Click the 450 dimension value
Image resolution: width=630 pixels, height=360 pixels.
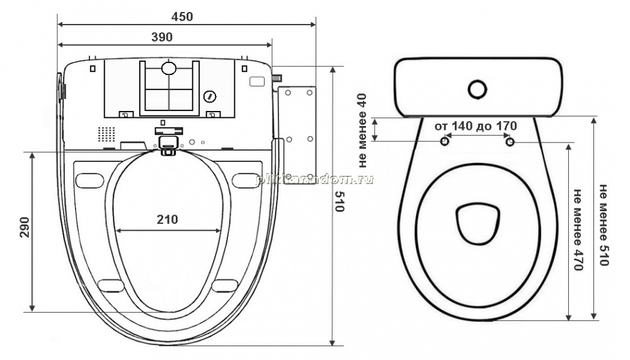click(x=182, y=16)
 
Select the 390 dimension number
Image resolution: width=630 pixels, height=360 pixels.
click(x=162, y=37)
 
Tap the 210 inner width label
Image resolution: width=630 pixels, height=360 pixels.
click(x=167, y=219)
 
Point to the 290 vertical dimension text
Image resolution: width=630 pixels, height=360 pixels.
click(x=25, y=227)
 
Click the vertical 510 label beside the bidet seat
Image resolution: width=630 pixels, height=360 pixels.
click(x=340, y=201)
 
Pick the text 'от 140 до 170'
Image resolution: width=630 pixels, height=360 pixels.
click(x=476, y=126)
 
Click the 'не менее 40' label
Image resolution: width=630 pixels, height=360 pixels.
click(x=362, y=131)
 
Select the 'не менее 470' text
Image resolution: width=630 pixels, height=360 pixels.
click(x=578, y=230)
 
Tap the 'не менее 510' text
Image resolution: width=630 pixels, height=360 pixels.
click(x=604, y=225)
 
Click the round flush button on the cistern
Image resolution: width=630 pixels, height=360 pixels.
click(x=478, y=90)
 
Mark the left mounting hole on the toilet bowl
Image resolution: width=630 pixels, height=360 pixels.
click(x=445, y=142)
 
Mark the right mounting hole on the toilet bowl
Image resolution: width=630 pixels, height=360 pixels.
click(x=510, y=142)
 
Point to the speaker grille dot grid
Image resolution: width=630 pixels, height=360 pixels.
click(x=106, y=134)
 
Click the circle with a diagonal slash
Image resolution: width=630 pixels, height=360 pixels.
click(x=210, y=96)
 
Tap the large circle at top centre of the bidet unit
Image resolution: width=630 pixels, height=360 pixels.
click(x=169, y=68)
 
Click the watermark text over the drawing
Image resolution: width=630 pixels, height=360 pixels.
click(x=315, y=180)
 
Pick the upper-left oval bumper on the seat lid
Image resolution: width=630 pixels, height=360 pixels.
click(x=89, y=180)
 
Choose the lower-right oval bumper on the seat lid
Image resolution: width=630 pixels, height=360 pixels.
click(x=225, y=286)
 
